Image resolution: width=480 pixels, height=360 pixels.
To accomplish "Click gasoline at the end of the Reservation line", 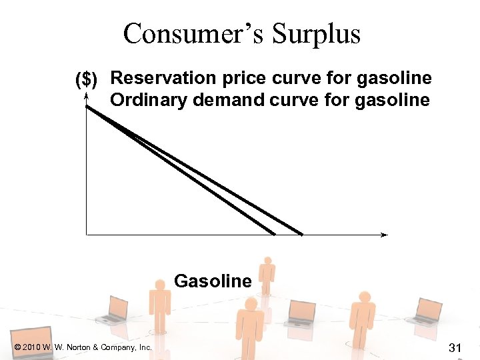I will (395, 79).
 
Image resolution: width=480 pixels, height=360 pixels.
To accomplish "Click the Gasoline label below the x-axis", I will (213, 281).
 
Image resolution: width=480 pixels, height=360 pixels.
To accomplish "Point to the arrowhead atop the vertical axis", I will (87, 97).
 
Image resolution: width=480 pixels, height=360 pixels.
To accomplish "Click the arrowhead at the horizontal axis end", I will (384, 235).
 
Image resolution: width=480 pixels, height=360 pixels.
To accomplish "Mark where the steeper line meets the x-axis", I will (274, 234).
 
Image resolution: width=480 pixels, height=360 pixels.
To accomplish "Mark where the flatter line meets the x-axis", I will (301, 234).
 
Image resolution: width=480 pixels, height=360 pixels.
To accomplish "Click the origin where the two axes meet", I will (87, 235).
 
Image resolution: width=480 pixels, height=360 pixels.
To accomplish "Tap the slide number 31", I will (456, 347).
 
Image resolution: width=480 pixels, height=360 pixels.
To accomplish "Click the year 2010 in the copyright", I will (31, 347).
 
